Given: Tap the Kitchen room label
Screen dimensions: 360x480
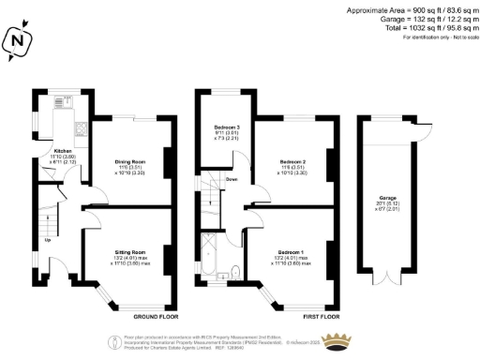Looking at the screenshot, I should coord(63,150).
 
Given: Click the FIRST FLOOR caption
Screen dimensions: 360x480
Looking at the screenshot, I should coord(313,316).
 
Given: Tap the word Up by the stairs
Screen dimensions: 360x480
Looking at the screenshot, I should coord(48,239).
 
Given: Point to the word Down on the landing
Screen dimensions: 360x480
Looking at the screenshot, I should coord(232,178).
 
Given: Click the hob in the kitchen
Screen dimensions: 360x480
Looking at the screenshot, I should coord(82,128).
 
